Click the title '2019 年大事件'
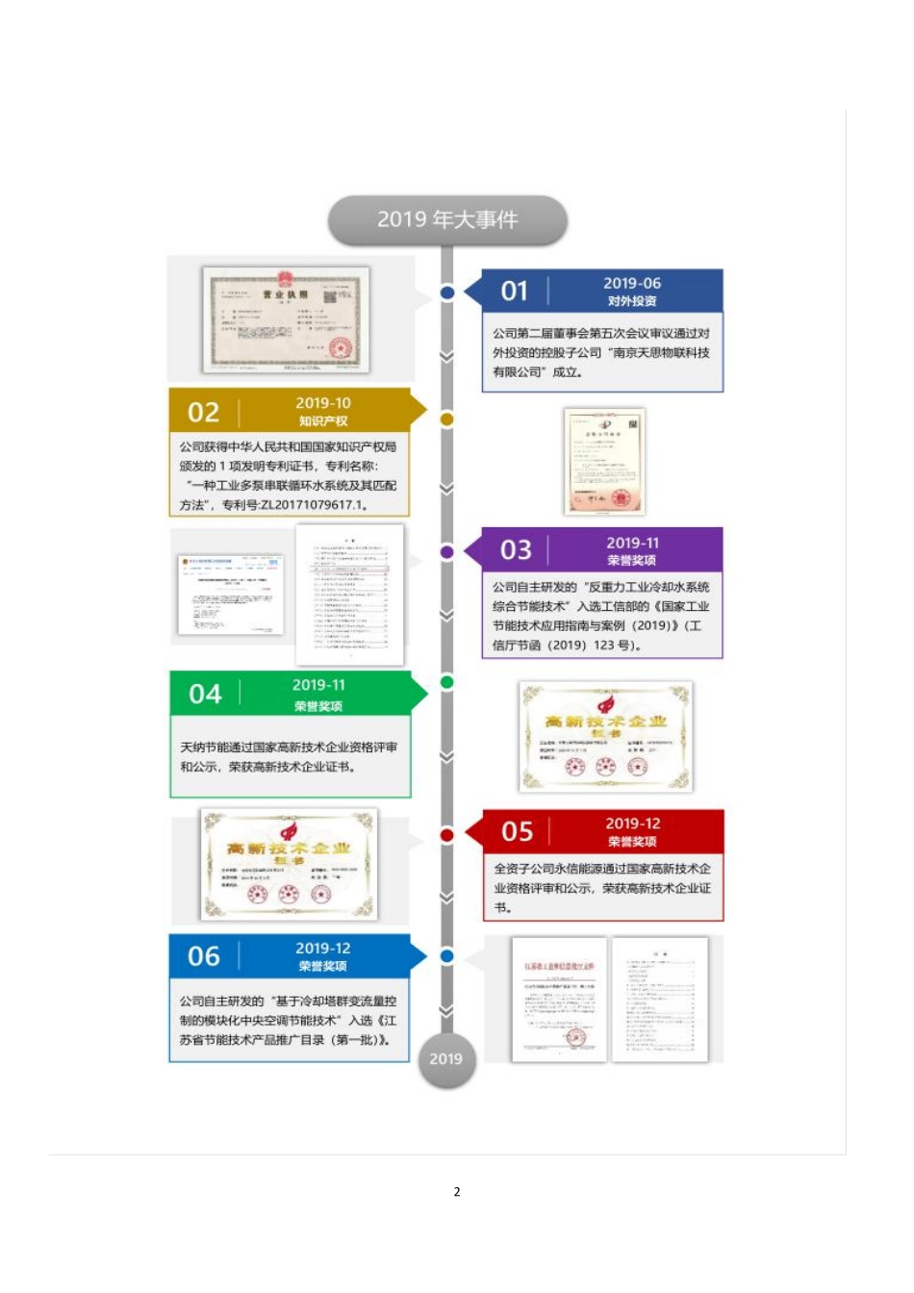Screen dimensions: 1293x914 click(x=447, y=220)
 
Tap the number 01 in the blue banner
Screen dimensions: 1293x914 click(x=515, y=291)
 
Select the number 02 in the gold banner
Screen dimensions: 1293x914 click(x=203, y=413)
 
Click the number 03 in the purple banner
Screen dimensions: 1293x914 click(x=516, y=549)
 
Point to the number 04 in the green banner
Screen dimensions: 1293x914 click(x=205, y=694)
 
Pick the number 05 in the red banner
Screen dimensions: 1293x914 click(x=517, y=831)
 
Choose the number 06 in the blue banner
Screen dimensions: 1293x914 click(x=204, y=956)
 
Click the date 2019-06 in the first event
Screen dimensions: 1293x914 click(x=632, y=283)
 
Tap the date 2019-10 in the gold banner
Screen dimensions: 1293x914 click(x=323, y=403)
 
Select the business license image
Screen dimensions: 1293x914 click(x=287, y=319)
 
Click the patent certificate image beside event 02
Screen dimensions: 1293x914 click(x=603, y=461)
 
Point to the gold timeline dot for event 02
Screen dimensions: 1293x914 click(x=446, y=419)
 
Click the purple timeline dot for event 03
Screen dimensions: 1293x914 click(x=446, y=551)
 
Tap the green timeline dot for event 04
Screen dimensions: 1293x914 click(x=446, y=682)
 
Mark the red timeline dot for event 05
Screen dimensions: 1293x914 click(x=446, y=834)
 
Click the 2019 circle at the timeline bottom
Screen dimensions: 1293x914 click(x=445, y=1059)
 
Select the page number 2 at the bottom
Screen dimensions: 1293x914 click(x=457, y=1192)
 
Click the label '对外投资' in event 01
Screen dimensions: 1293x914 click(x=632, y=301)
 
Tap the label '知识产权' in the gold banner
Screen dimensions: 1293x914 click(x=323, y=421)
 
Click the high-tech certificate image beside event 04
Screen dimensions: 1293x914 click(x=605, y=737)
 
